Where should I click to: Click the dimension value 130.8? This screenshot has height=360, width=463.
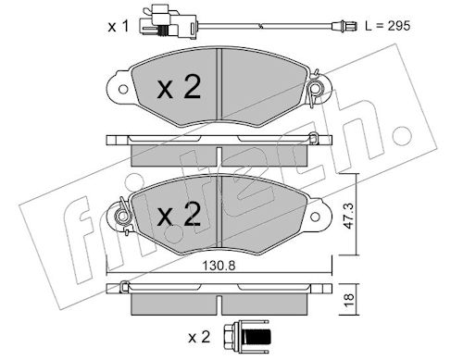point(219,266)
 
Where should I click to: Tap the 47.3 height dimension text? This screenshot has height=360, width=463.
point(349,216)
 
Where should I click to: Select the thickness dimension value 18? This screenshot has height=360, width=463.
point(349,300)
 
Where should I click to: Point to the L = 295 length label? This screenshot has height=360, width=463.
point(388,26)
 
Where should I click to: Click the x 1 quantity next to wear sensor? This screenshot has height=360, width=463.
point(119,27)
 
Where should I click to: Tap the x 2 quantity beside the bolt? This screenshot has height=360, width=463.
point(199,337)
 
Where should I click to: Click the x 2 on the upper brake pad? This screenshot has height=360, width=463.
point(179,87)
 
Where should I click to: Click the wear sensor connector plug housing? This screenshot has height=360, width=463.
point(167,23)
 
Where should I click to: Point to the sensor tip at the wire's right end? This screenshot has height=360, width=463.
point(344,26)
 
